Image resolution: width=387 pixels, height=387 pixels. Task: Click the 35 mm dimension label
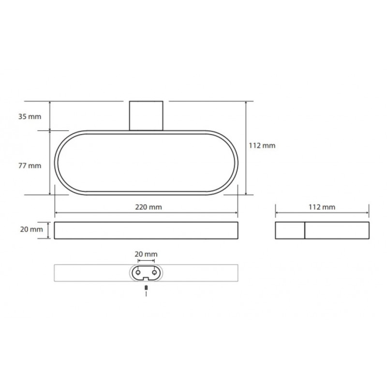point(30,117)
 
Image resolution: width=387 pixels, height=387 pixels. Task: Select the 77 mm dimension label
point(30,165)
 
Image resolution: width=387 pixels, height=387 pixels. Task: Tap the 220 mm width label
point(149,207)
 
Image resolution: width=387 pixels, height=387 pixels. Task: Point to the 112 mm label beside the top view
point(262,146)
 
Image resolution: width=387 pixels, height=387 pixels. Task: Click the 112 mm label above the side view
point(322,207)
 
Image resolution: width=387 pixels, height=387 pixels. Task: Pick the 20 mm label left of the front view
point(31,229)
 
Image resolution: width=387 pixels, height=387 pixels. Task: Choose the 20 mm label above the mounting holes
point(146,254)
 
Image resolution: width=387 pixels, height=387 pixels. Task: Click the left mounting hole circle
point(138,272)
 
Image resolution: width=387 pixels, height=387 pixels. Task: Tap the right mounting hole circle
point(154,272)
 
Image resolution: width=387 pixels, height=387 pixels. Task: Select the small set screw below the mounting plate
point(146,288)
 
